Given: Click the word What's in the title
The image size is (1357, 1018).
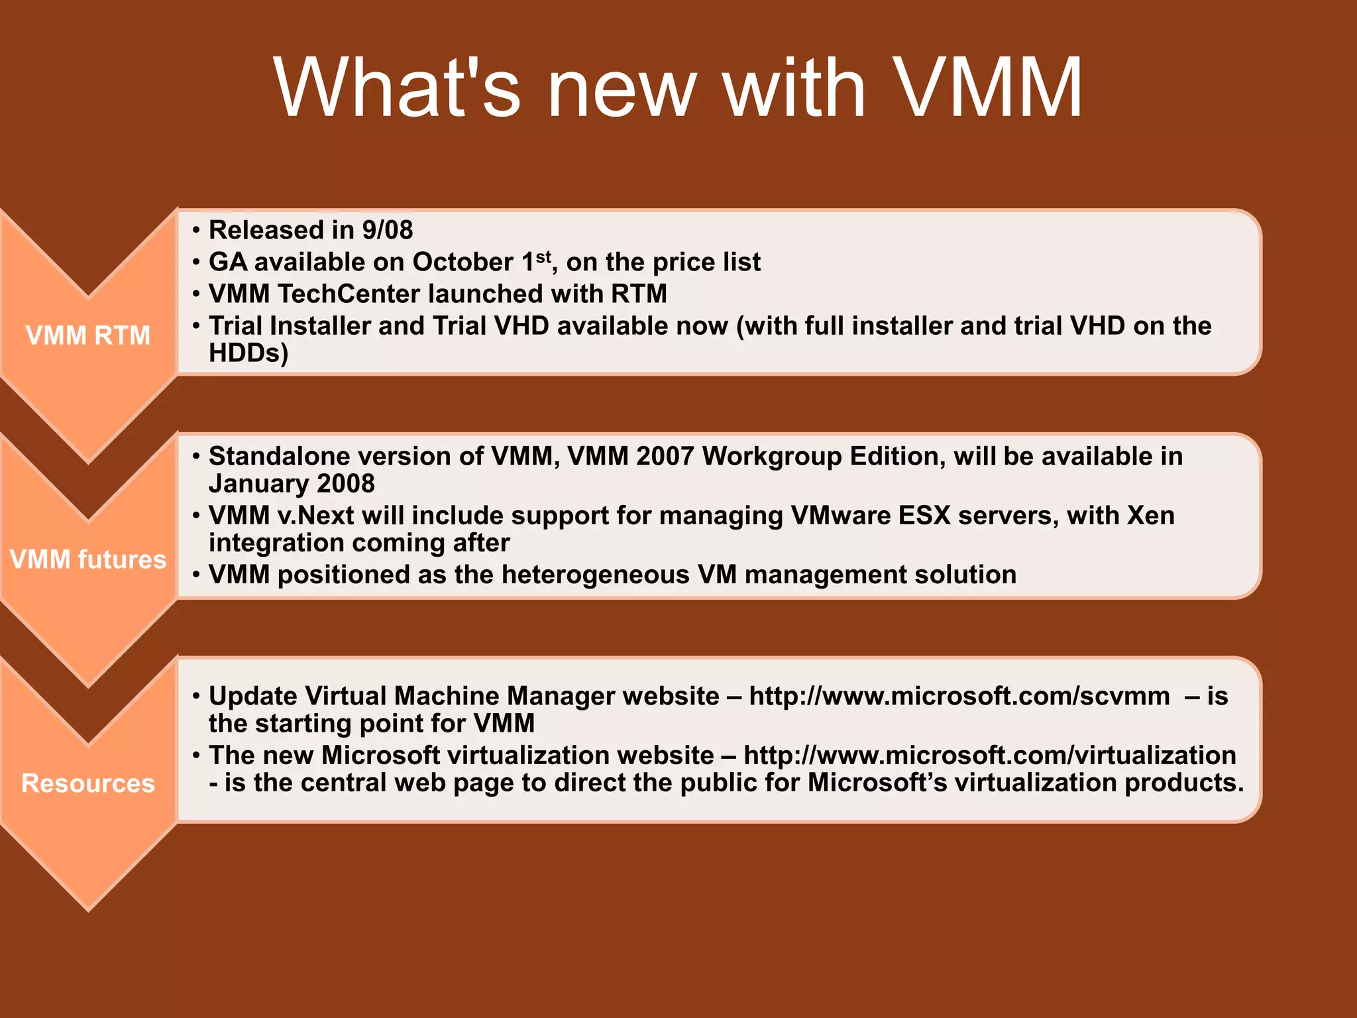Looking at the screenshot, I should point(398,88).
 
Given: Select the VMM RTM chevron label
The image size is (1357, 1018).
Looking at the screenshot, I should point(88,335).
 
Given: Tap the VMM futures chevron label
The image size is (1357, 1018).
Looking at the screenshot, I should point(88,559).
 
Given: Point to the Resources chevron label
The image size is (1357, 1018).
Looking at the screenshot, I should point(88,783).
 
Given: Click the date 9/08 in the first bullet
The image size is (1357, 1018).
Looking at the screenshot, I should point(387,231).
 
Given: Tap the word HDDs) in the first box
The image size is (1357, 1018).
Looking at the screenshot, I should point(248,353).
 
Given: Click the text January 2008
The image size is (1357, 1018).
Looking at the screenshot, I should point(292,484).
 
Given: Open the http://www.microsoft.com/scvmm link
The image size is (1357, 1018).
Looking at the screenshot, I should point(959,697).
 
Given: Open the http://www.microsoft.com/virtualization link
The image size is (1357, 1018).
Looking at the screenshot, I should point(989,756).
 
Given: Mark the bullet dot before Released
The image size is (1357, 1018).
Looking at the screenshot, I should point(196,231).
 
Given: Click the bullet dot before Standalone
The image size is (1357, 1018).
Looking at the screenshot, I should point(196,457).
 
